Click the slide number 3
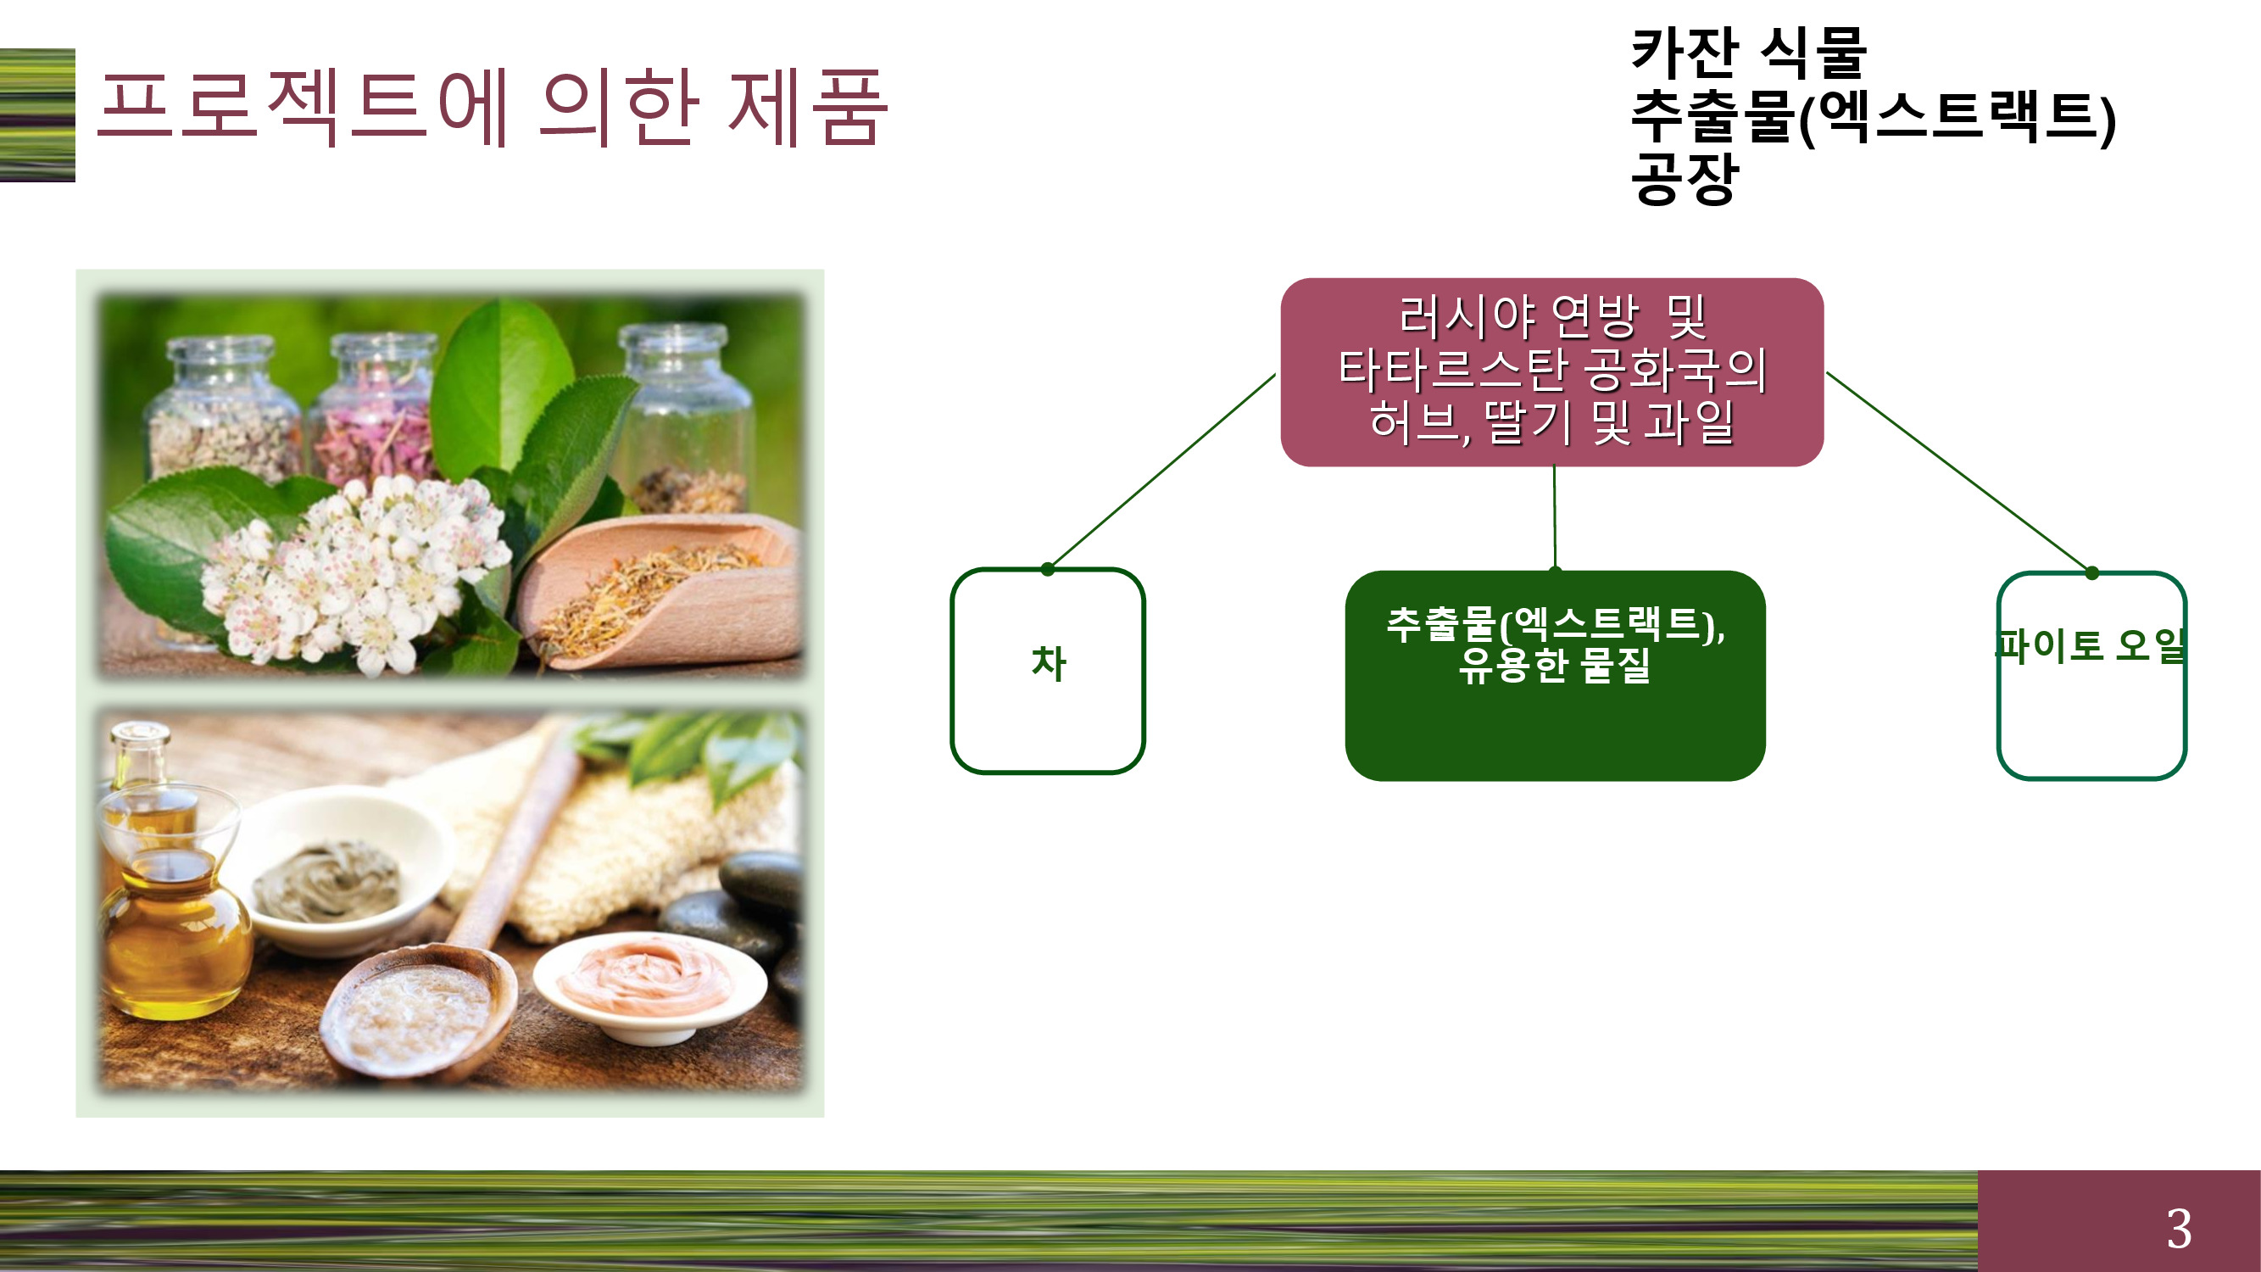[x=2179, y=1228]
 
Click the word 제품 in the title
[x=807, y=107]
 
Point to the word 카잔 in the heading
[x=1685, y=53]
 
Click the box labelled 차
[x=1048, y=671]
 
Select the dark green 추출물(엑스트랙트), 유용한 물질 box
[x=1555, y=675]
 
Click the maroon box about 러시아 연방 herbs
[x=1551, y=372]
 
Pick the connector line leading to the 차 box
[x=1162, y=471]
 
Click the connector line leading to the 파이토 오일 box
[x=1958, y=472]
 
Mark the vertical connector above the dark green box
[x=1555, y=518]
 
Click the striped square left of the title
[x=36, y=115]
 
